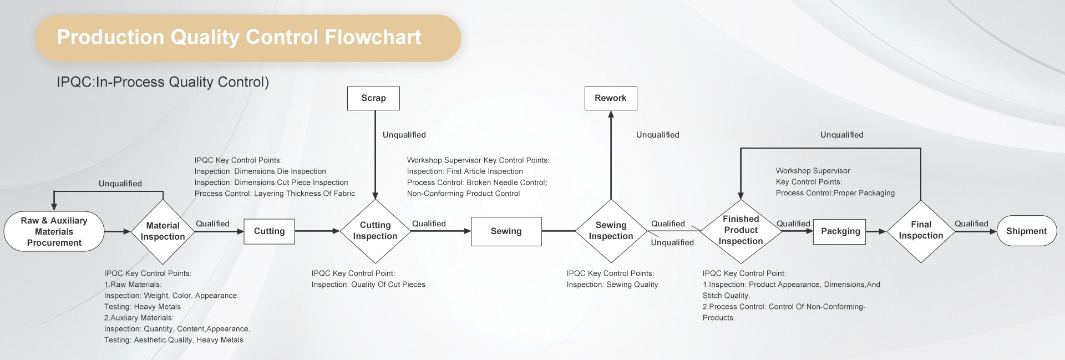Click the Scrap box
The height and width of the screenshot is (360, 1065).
[373, 98]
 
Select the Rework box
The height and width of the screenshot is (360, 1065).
[610, 98]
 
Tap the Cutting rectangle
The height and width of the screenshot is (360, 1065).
[269, 231]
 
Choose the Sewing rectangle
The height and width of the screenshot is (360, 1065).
[506, 231]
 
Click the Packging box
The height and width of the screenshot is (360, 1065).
[840, 231]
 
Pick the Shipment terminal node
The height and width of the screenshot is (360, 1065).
[1026, 231]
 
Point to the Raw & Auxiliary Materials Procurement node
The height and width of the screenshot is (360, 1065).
[54, 231]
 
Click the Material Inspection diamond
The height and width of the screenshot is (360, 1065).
[163, 231]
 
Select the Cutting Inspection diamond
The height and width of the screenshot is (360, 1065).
[375, 231]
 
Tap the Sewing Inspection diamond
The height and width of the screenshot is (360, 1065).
[611, 231]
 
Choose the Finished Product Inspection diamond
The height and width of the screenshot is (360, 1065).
[741, 230]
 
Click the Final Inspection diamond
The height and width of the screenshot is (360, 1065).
[921, 231]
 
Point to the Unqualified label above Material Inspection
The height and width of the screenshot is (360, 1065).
[120, 184]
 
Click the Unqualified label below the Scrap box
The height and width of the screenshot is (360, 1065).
[404, 135]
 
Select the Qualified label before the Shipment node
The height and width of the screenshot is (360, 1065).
[971, 224]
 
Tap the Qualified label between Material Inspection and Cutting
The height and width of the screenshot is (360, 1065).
[212, 224]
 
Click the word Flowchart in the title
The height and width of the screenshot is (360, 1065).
[373, 37]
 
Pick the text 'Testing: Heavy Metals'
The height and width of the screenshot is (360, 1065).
[143, 307]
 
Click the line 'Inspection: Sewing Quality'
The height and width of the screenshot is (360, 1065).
[612, 285]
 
